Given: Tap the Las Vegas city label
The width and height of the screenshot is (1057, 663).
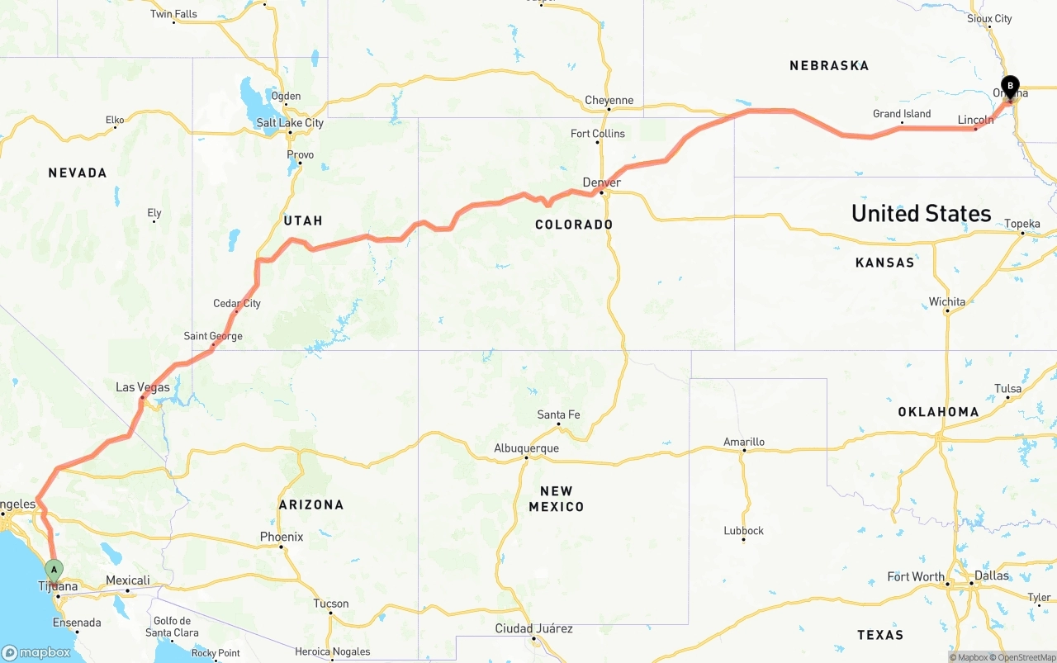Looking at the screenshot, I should [143, 387].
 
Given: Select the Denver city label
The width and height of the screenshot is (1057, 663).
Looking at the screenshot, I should [601, 182].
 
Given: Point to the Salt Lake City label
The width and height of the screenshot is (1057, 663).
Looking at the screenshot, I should [290, 123].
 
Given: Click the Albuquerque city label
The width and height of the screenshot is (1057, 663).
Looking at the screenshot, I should [526, 448].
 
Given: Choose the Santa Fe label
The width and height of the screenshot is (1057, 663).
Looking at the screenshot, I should [558, 414].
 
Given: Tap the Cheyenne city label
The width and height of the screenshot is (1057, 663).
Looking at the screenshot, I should [609, 101].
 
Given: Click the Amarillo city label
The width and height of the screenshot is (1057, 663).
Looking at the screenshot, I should [744, 442].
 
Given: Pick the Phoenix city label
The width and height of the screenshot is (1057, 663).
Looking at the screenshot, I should [282, 537].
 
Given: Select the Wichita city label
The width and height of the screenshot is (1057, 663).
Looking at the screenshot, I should [946, 301].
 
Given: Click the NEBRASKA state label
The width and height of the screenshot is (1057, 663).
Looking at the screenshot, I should [829, 65].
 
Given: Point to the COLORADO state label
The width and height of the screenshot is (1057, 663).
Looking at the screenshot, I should [574, 225].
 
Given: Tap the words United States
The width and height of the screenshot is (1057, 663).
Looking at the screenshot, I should [921, 213].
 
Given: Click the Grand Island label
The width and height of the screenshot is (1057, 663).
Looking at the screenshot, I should [902, 114].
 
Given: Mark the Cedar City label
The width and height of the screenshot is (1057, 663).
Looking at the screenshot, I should [237, 303].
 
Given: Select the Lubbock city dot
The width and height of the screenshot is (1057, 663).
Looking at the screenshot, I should [743, 540].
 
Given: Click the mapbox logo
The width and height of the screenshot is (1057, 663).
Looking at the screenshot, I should [38, 652].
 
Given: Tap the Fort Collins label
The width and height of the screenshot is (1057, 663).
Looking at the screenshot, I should [598, 134].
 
